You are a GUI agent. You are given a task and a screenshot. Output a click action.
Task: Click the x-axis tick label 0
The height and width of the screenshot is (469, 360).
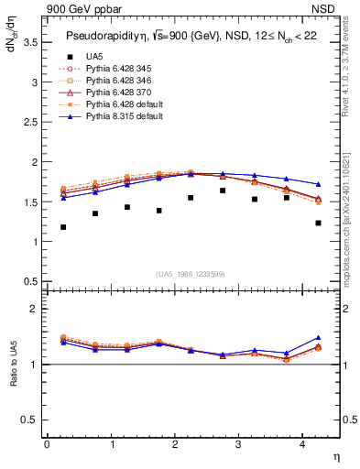tap(47, 444)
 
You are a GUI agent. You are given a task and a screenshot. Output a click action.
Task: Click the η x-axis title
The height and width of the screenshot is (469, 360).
tap(335, 455)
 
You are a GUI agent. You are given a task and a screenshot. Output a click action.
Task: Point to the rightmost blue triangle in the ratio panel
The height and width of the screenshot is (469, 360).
tap(318, 338)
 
